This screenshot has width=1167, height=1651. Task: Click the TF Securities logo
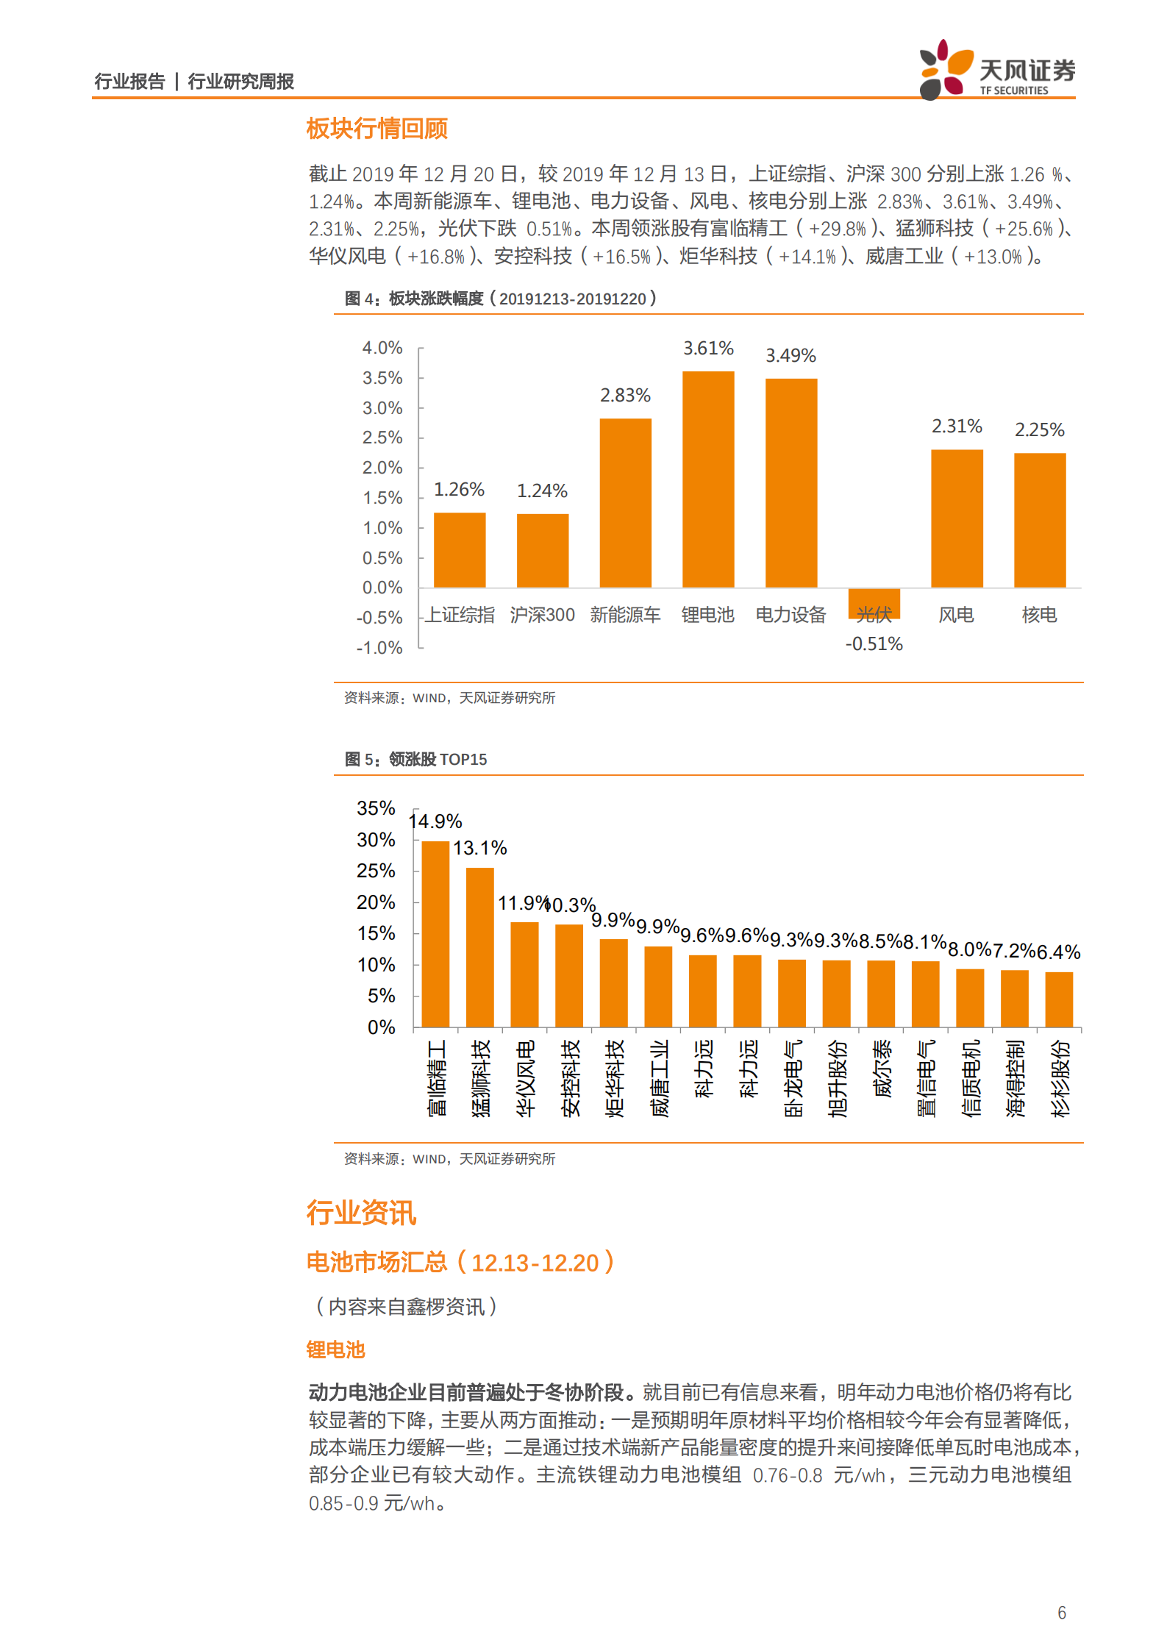coord(996,71)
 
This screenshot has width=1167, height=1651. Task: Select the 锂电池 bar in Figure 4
coord(707,479)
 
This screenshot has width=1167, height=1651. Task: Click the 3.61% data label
coord(708,348)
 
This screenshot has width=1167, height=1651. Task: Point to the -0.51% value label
coord(874,643)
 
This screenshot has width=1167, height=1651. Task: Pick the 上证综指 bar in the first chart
coord(459,550)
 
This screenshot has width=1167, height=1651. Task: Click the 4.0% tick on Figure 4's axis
coord(382,348)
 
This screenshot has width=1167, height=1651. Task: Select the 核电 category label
coord(1039,615)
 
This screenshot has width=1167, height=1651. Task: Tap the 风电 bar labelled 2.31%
coord(956,518)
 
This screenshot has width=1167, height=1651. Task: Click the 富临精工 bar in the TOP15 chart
coord(435,934)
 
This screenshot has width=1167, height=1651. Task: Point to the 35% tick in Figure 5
coord(376,808)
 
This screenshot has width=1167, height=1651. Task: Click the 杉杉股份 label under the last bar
coord(1060,1078)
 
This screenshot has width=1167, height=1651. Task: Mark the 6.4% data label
coord(1058,952)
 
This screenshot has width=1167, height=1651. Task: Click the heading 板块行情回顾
coord(376,129)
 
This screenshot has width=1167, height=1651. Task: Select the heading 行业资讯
coord(361,1213)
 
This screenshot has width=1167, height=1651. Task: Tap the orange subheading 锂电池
coord(335,1349)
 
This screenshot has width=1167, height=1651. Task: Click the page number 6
coord(1061,1612)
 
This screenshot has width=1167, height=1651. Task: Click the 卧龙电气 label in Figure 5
coord(793,1078)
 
